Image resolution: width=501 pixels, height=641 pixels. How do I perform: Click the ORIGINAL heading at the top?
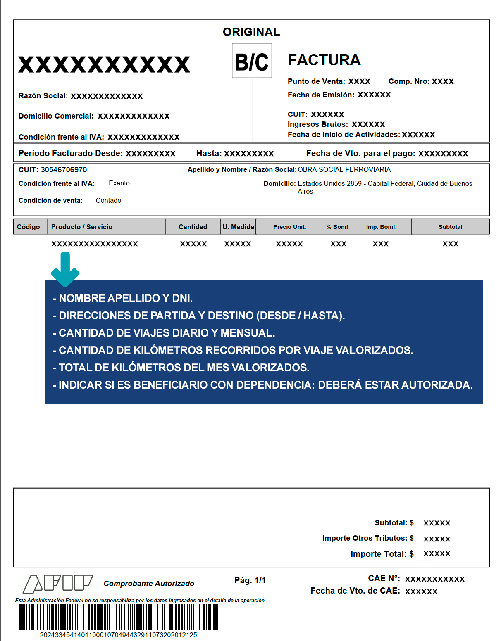251,32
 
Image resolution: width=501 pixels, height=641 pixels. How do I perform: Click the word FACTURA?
324,60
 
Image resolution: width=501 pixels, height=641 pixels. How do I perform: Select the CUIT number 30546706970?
64,170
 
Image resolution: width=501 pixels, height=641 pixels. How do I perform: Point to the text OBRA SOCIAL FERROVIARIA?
344,169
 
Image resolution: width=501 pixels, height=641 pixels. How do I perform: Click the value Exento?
119,183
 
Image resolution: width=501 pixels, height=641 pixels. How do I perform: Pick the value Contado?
108,201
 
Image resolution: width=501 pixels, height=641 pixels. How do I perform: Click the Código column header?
29,227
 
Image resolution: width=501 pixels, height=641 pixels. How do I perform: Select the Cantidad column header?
193,227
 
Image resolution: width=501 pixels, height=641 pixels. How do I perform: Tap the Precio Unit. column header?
289,227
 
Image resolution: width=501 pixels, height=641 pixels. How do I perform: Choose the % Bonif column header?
337,227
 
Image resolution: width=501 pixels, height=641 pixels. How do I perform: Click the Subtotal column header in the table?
450,227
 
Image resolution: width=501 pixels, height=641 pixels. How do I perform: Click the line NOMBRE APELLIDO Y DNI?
123,298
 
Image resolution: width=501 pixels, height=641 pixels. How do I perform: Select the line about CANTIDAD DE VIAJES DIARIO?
164,333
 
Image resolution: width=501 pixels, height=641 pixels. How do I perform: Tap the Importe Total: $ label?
382,554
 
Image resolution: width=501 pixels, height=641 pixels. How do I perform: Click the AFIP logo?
57,583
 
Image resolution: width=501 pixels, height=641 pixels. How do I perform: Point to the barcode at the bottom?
118,617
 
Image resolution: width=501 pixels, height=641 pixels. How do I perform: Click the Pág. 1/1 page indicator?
250,580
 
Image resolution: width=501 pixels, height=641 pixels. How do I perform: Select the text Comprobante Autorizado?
149,584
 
